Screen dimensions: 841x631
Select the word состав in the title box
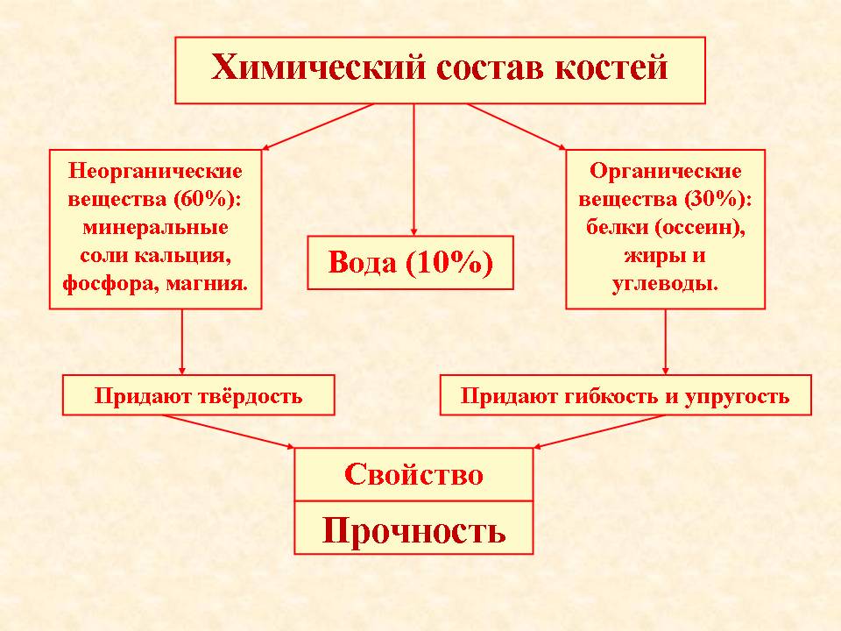(x=491, y=68)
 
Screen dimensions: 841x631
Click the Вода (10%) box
(x=410, y=263)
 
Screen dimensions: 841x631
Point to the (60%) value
(x=207, y=199)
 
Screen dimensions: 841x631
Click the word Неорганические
(x=156, y=171)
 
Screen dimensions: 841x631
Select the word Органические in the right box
(x=665, y=171)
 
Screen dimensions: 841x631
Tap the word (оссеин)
(x=701, y=228)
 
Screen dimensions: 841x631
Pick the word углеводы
(x=665, y=283)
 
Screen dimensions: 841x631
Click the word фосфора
(x=111, y=283)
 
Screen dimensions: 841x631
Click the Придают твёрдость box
(x=199, y=395)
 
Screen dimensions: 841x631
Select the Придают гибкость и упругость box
(x=625, y=395)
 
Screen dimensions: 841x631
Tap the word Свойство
(x=413, y=475)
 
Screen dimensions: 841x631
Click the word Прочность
(x=413, y=531)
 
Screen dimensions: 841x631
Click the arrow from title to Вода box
(x=413, y=169)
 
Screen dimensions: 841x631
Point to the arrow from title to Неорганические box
(x=317, y=126)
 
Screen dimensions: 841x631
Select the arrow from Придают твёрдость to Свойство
(x=229, y=431)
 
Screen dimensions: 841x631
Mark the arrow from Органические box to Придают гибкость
(x=666, y=341)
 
